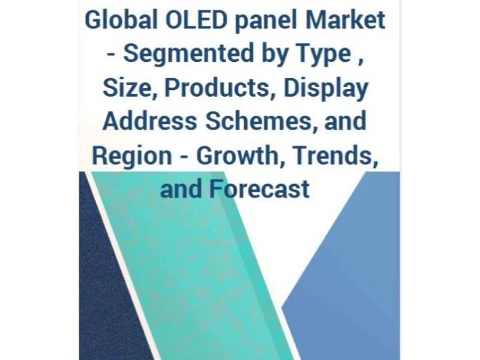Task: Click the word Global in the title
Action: tap(112, 20)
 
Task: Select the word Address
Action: tap(149, 122)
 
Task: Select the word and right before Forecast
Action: tap(182, 189)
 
